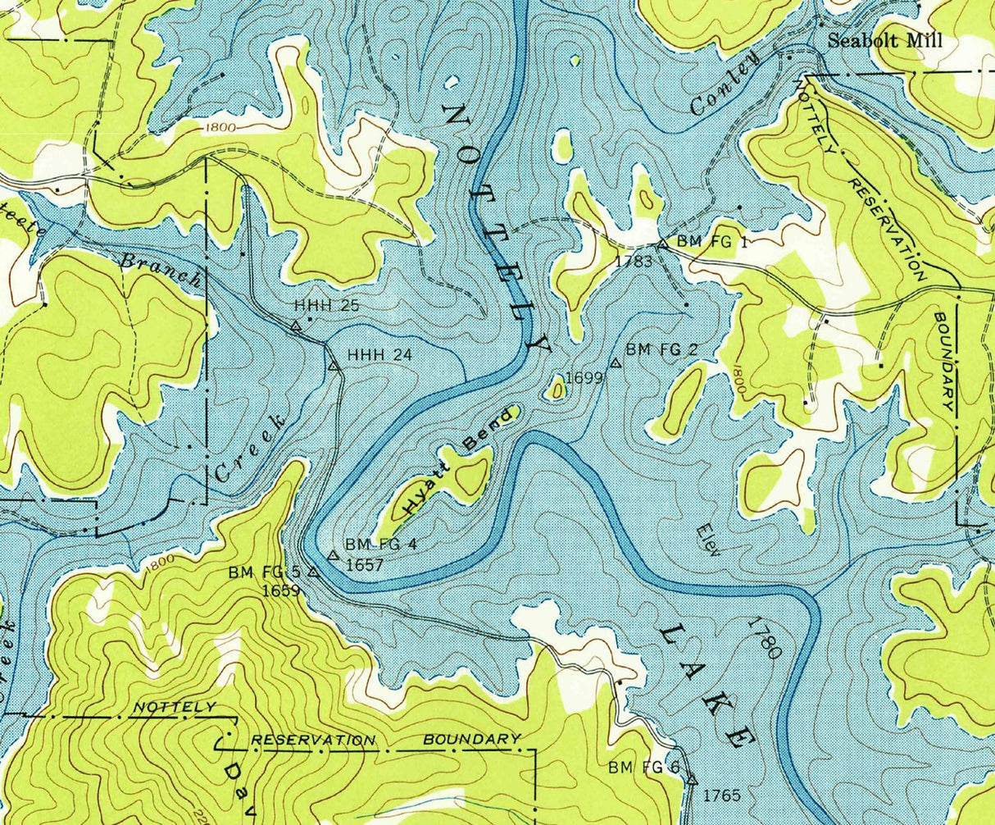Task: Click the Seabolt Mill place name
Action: (x=885, y=41)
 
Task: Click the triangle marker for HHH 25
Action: (x=296, y=326)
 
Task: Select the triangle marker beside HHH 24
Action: (x=334, y=366)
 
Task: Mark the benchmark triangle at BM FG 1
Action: (x=662, y=244)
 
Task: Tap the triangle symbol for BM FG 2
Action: (x=615, y=362)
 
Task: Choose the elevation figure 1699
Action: (x=584, y=378)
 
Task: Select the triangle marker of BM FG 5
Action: (x=313, y=572)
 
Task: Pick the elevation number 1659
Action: (x=280, y=590)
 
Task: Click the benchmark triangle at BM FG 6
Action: (x=691, y=779)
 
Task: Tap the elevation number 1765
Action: (x=721, y=795)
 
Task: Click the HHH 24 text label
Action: (x=379, y=355)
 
